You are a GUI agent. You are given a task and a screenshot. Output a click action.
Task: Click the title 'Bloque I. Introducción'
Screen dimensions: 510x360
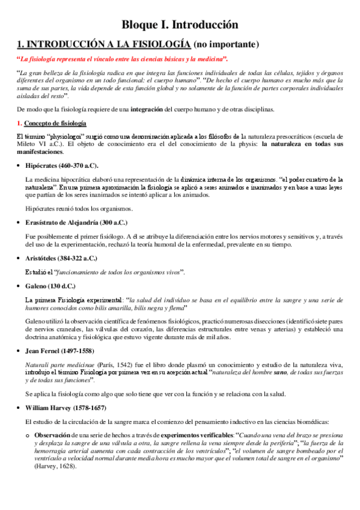(180, 25)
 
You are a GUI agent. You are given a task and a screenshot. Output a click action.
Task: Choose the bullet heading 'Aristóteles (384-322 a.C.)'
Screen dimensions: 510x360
(62, 258)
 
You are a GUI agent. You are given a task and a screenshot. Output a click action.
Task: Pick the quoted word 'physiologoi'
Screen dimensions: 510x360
(68, 137)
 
